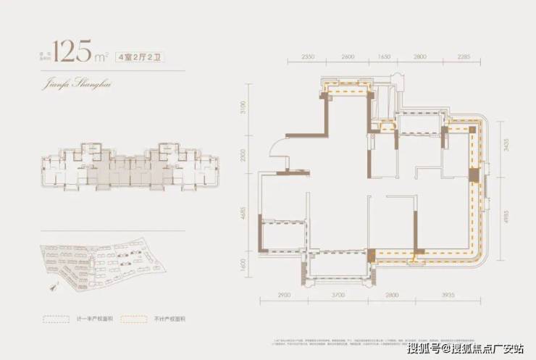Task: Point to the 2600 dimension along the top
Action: (x=347, y=56)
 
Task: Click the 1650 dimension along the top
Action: (x=384, y=56)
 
